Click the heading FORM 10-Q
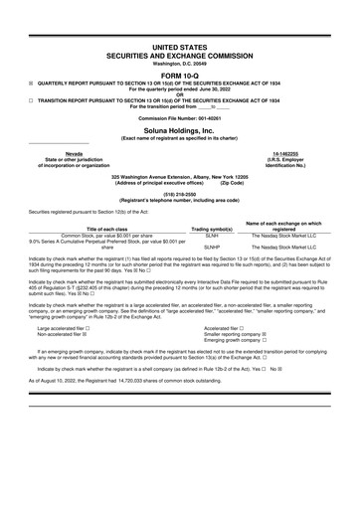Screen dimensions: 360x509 (x=179, y=75)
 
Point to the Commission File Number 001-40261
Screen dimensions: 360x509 (x=179, y=117)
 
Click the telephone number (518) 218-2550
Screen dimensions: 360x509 (x=179, y=195)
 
